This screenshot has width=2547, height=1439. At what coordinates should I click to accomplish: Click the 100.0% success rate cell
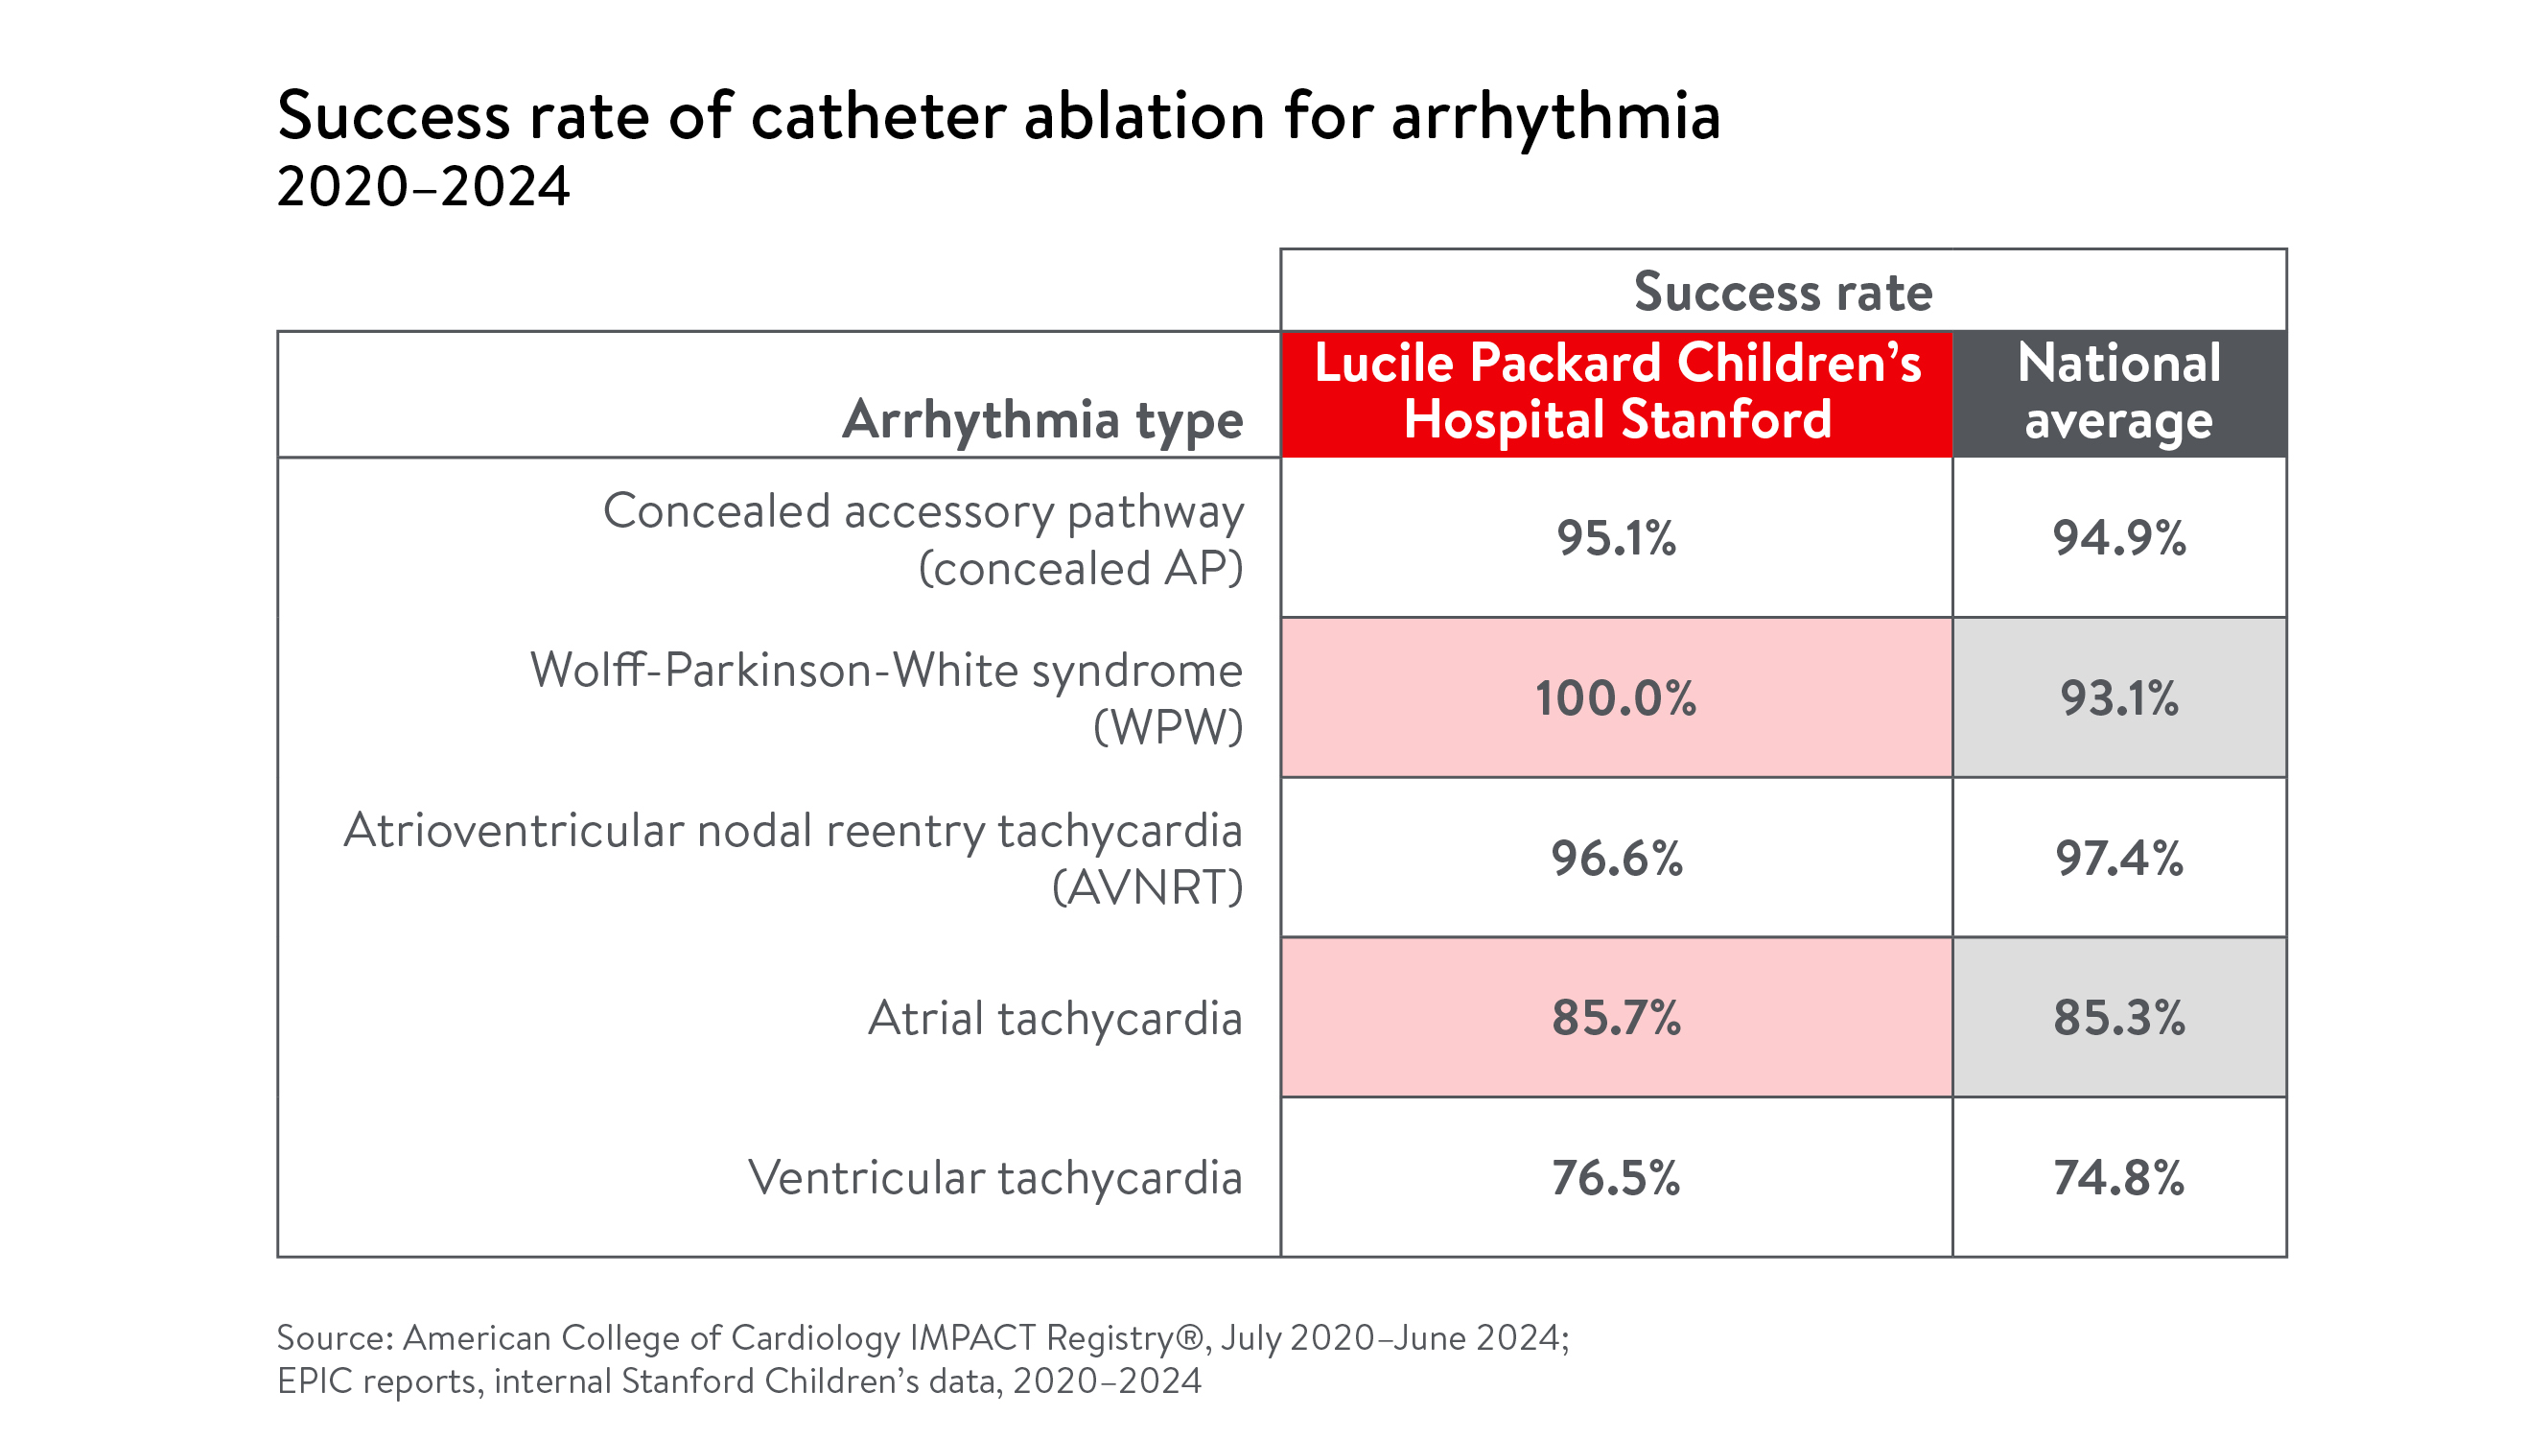point(1616,697)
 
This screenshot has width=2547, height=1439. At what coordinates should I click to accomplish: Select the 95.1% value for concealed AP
point(1616,538)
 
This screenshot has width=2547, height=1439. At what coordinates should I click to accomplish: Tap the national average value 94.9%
point(2119,538)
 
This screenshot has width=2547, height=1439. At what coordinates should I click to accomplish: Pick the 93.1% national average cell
point(2119,697)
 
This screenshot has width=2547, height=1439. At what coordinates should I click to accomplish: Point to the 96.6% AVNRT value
point(1616,858)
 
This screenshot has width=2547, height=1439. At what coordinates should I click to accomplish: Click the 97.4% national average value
point(2119,858)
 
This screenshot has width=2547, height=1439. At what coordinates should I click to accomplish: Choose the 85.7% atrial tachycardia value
point(1616,1017)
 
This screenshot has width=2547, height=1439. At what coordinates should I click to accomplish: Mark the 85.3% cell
point(2119,1017)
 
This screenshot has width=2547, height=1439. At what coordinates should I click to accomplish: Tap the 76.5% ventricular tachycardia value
point(1616,1177)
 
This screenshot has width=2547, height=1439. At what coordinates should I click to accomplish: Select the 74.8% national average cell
point(2119,1177)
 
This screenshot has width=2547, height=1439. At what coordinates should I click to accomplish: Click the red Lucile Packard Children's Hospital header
point(1617,393)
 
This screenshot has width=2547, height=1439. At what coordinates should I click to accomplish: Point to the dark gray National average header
point(2119,393)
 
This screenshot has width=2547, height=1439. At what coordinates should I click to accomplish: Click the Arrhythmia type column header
point(1042,419)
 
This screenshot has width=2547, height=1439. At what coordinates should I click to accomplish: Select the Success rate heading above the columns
point(1783,292)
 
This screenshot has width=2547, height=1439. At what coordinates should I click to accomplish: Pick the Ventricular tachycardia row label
point(994,1177)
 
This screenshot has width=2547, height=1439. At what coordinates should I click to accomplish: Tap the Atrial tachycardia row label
point(1055,1018)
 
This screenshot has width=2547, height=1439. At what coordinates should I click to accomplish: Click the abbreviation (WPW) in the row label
point(1168,728)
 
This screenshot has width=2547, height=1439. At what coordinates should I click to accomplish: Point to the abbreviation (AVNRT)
point(1147,887)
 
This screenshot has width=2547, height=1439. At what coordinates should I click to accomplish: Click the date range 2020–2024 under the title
point(423,186)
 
